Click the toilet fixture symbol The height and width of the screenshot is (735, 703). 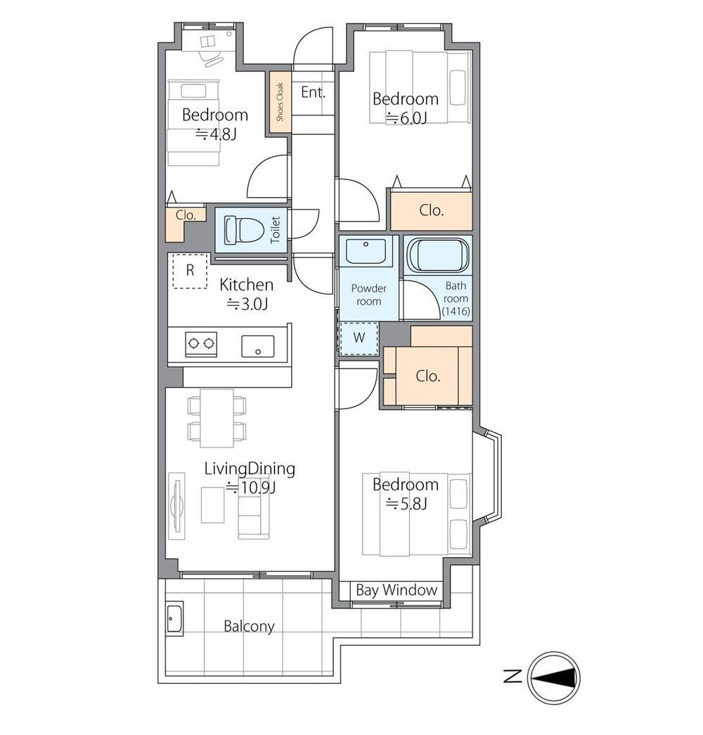pyautogui.click(x=243, y=230)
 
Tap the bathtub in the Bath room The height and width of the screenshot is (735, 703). pyautogui.click(x=437, y=255)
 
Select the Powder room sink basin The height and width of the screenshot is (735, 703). pyautogui.click(x=366, y=251)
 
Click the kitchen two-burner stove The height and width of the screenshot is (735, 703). pyautogui.click(x=201, y=344)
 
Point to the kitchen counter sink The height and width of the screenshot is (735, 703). pyautogui.click(x=258, y=347)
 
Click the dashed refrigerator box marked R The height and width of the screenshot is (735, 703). pyautogui.click(x=190, y=271)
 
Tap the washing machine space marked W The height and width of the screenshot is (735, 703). pyautogui.click(x=359, y=338)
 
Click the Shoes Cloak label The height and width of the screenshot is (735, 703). pyautogui.click(x=280, y=102)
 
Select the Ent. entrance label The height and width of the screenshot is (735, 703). pyautogui.click(x=313, y=92)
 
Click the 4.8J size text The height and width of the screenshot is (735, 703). pyautogui.click(x=216, y=134)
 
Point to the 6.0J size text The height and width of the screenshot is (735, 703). pyautogui.click(x=406, y=118)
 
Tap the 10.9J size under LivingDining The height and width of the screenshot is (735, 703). pyautogui.click(x=251, y=487)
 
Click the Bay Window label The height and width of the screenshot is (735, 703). pyautogui.click(x=396, y=589)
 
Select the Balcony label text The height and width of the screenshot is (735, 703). pyautogui.click(x=249, y=626)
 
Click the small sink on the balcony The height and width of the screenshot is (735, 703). pyautogui.click(x=175, y=618)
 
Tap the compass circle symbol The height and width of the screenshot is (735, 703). pyautogui.click(x=553, y=677)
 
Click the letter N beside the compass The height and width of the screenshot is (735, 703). pyautogui.click(x=512, y=677)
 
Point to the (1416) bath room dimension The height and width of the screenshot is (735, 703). pyautogui.click(x=456, y=311)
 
